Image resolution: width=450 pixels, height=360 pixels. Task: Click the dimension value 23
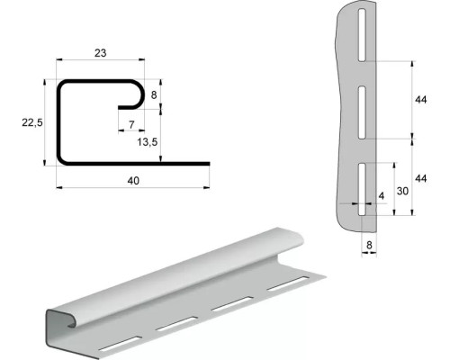(x=101, y=53)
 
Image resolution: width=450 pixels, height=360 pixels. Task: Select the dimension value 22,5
(x=32, y=122)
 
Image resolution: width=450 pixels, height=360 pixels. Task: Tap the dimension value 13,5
(x=148, y=142)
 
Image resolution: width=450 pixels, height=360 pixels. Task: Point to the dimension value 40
(x=133, y=181)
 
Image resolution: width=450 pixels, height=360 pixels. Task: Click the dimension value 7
(x=131, y=124)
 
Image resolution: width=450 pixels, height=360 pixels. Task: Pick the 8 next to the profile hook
(x=154, y=95)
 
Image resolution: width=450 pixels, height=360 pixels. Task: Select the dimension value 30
(x=402, y=191)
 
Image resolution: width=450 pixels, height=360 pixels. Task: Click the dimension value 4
(x=382, y=196)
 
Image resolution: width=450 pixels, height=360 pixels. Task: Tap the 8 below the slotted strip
(x=369, y=245)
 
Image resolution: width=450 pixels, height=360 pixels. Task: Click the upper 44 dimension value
(x=420, y=100)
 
